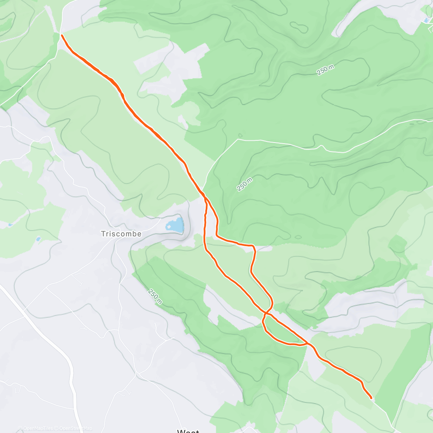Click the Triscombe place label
point(121,234)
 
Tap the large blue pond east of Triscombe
point(175,225)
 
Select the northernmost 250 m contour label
point(325,70)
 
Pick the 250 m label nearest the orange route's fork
point(244,184)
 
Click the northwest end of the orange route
point(62,35)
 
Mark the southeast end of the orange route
point(371,398)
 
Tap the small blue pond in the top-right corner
point(427,20)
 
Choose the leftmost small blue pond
point(10,225)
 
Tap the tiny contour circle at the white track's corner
point(240,136)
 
